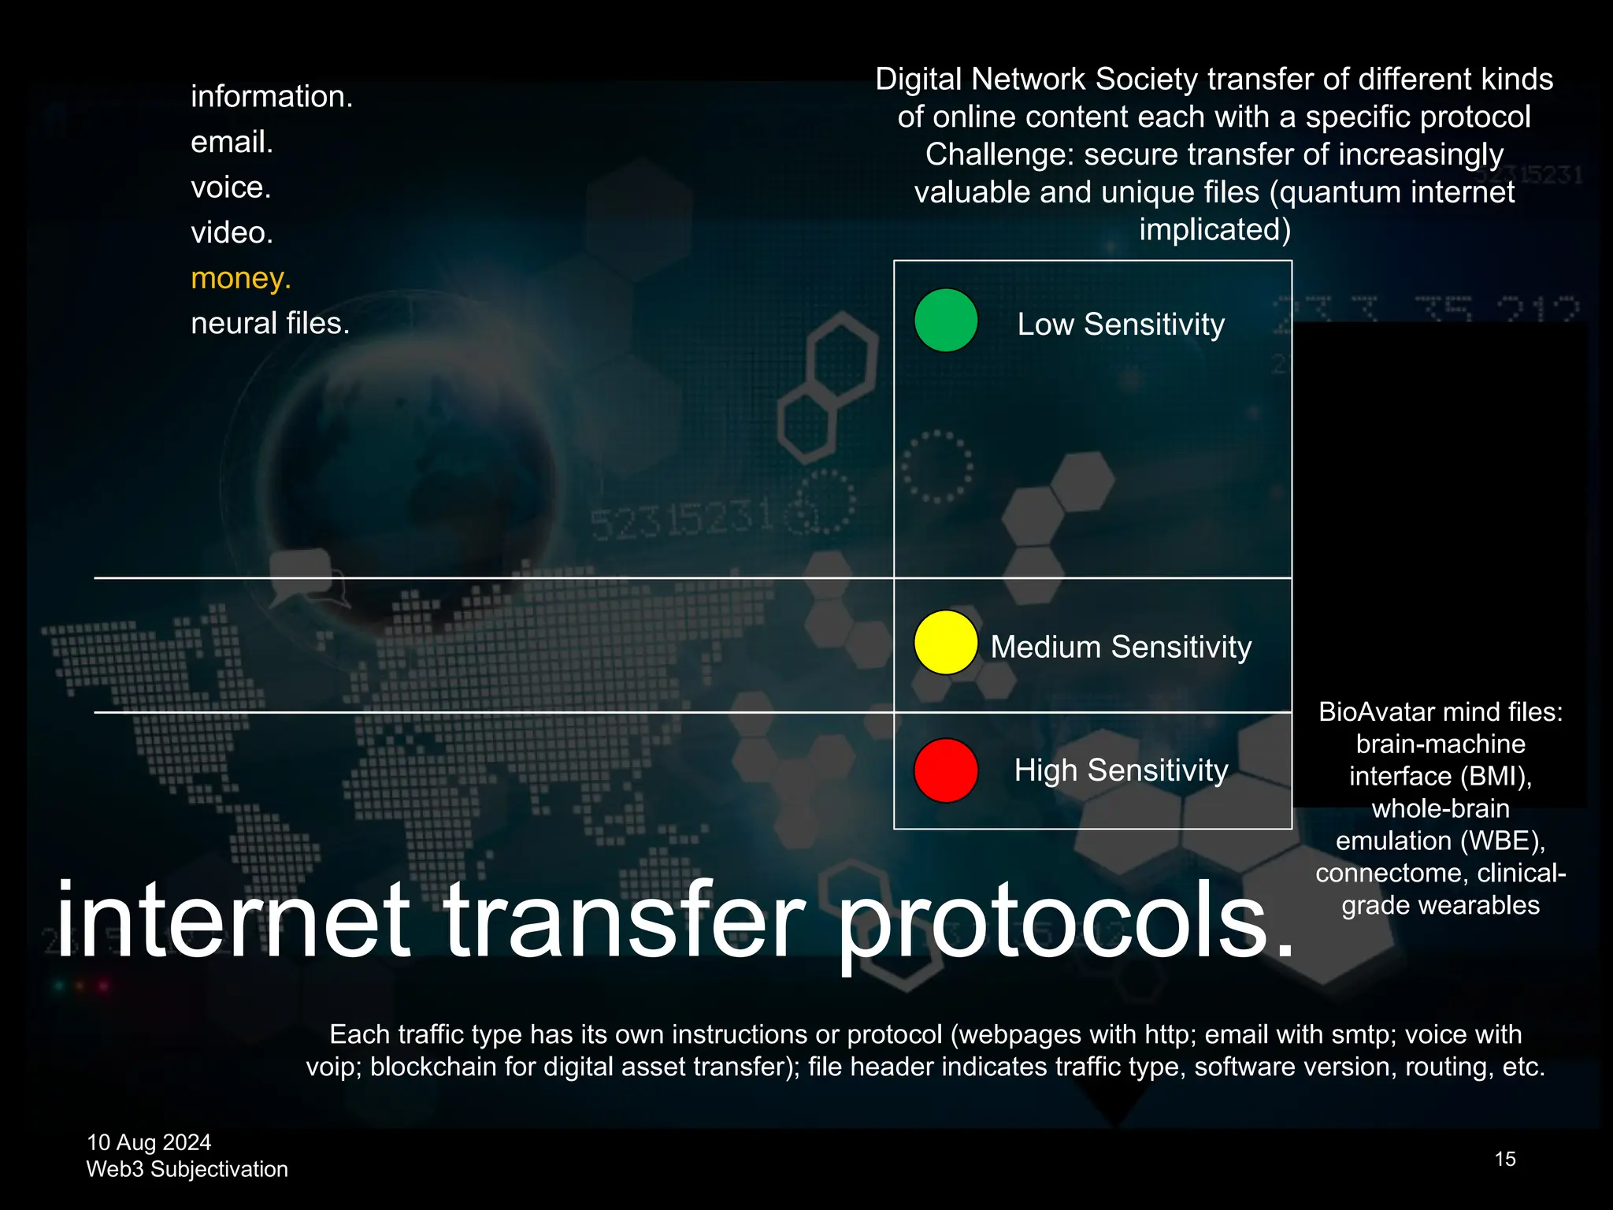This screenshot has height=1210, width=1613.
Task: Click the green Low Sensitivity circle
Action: click(x=946, y=321)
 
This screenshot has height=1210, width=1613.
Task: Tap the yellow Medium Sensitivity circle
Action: click(x=946, y=643)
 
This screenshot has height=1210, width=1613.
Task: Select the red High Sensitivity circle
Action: click(x=946, y=770)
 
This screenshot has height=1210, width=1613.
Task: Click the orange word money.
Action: click(x=241, y=278)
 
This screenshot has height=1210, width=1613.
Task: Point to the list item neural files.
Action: click(x=270, y=323)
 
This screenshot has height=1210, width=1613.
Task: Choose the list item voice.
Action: click(x=231, y=187)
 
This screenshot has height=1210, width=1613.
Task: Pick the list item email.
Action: click(x=232, y=142)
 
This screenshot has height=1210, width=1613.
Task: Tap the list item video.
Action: click(x=232, y=232)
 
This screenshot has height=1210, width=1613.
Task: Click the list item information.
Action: click(x=272, y=96)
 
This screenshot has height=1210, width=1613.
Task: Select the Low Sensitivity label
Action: click(x=1121, y=325)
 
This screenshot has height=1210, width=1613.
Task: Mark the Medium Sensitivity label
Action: click(x=1121, y=647)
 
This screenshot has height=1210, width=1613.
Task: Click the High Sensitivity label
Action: click(x=1121, y=770)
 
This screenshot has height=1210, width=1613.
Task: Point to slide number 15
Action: click(x=1505, y=1159)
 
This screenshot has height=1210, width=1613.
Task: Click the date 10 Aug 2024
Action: click(x=149, y=1142)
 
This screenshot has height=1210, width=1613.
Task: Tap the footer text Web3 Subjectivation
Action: click(x=187, y=1169)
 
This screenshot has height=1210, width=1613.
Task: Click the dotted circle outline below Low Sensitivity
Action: click(x=936, y=466)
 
